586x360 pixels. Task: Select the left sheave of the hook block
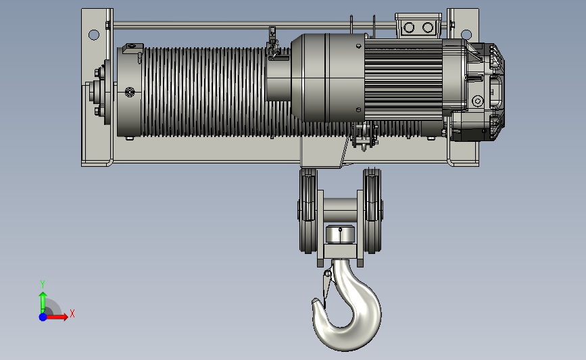308,210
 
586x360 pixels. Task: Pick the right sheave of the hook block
372,210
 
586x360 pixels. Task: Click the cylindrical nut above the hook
340,234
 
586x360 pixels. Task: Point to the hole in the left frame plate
94,35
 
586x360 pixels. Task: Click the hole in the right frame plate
466,34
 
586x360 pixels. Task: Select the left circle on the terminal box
409,27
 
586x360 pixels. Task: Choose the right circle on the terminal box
428,27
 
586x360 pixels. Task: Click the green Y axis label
42,284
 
